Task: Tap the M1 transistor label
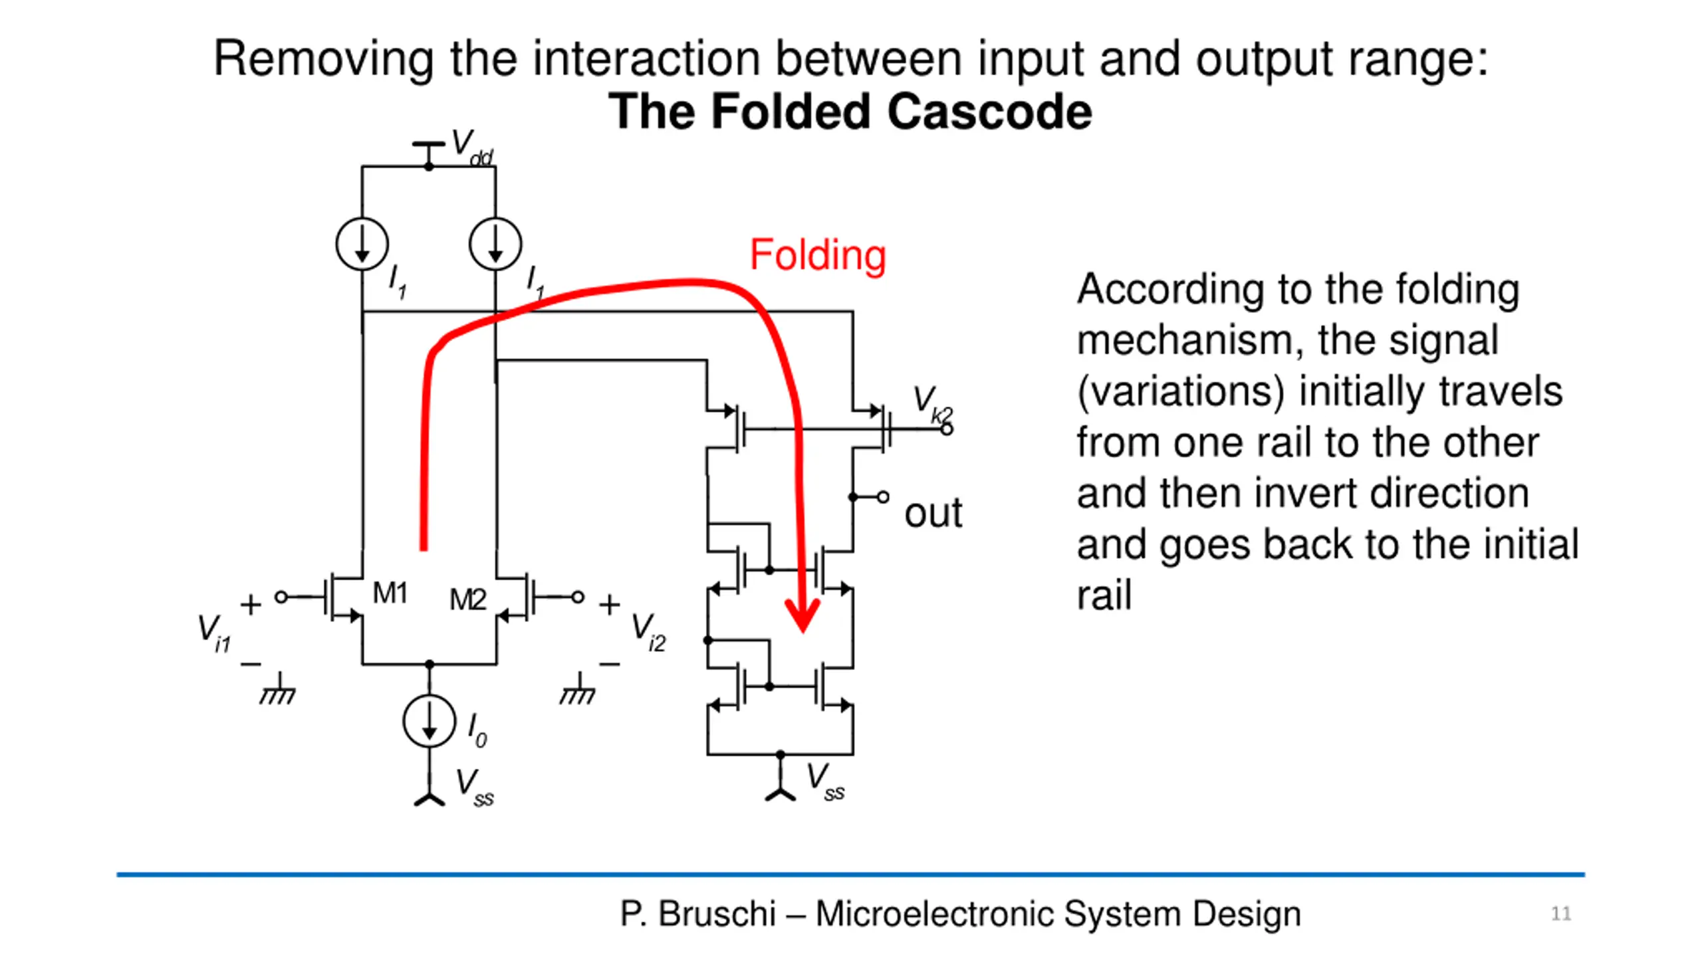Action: [390, 593]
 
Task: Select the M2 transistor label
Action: [467, 599]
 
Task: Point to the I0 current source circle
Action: [429, 722]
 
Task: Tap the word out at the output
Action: [933, 513]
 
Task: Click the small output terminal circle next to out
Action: [883, 497]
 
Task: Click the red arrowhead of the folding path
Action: [802, 615]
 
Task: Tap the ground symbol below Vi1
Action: [278, 691]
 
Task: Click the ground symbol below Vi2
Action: [578, 691]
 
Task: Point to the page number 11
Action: [1561, 914]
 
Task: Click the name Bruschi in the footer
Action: [717, 914]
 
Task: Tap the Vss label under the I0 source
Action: [474, 787]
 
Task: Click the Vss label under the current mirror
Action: [825, 782]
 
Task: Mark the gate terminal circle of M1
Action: [281, 597]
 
